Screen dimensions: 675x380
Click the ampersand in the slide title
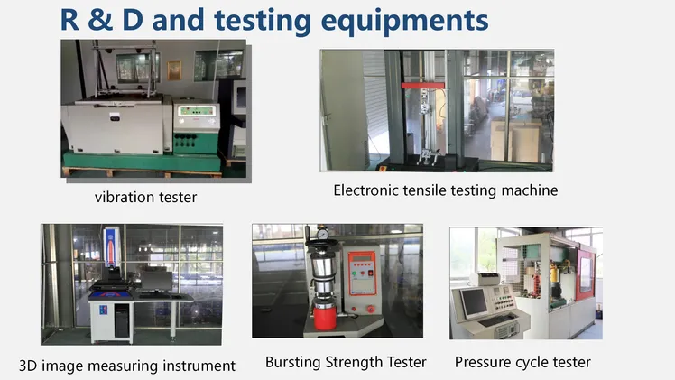[100, 20]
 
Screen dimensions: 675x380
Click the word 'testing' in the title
[263, 21]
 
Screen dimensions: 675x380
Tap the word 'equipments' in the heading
[404, 22]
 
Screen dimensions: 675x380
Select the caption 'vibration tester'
[145, 197]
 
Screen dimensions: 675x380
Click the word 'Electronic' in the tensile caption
[365, 190]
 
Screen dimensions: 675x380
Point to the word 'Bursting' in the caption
[292, 362]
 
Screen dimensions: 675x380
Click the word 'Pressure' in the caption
[480, 362]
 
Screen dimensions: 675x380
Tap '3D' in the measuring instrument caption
[28, 366]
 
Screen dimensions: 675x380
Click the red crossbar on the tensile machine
[422, 86]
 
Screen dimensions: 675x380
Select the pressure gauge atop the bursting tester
[322, 234]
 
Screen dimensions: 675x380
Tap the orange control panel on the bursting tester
[362, 273]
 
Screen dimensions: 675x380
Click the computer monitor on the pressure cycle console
[474, 302]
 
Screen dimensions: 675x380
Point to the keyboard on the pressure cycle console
[497, 320]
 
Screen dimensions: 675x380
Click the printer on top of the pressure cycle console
[485, 279]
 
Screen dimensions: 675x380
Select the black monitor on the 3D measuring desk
[157, 282]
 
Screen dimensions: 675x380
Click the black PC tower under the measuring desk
[122, 320]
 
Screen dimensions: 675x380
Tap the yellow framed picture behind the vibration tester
[174, 70]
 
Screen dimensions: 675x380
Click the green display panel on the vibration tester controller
[197, 111]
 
